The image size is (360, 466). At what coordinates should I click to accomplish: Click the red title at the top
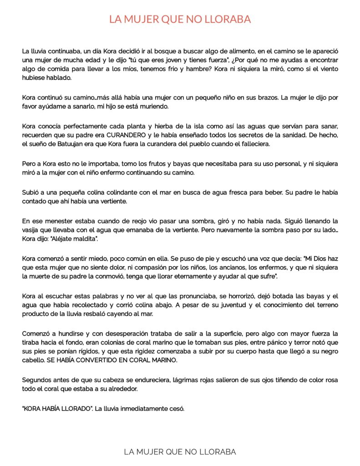point(180,20)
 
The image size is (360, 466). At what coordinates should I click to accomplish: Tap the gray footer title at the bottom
point(180,451)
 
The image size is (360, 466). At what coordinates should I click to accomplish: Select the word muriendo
point(153,106)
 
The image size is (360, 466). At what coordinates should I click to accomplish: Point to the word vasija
point(31,230)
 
